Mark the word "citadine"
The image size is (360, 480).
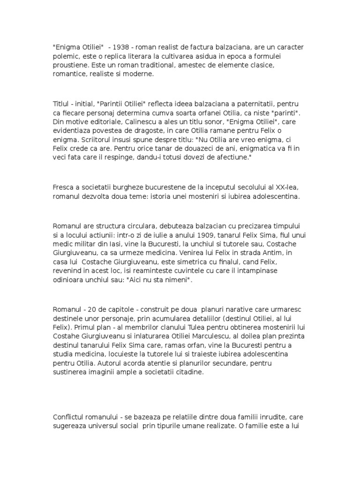click(188, 372)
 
